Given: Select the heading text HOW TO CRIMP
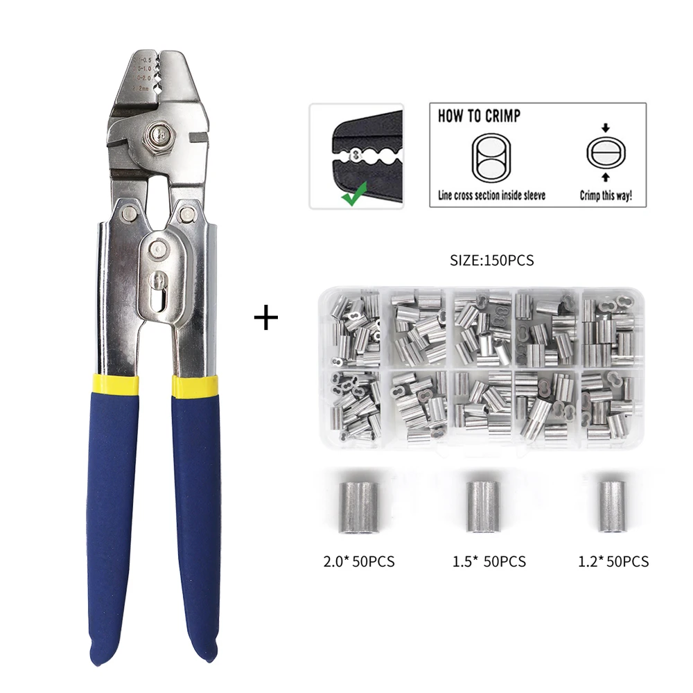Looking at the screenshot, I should point(479,116).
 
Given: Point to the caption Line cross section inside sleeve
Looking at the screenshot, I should point(491,196).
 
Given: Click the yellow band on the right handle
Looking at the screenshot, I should point(195,387).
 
